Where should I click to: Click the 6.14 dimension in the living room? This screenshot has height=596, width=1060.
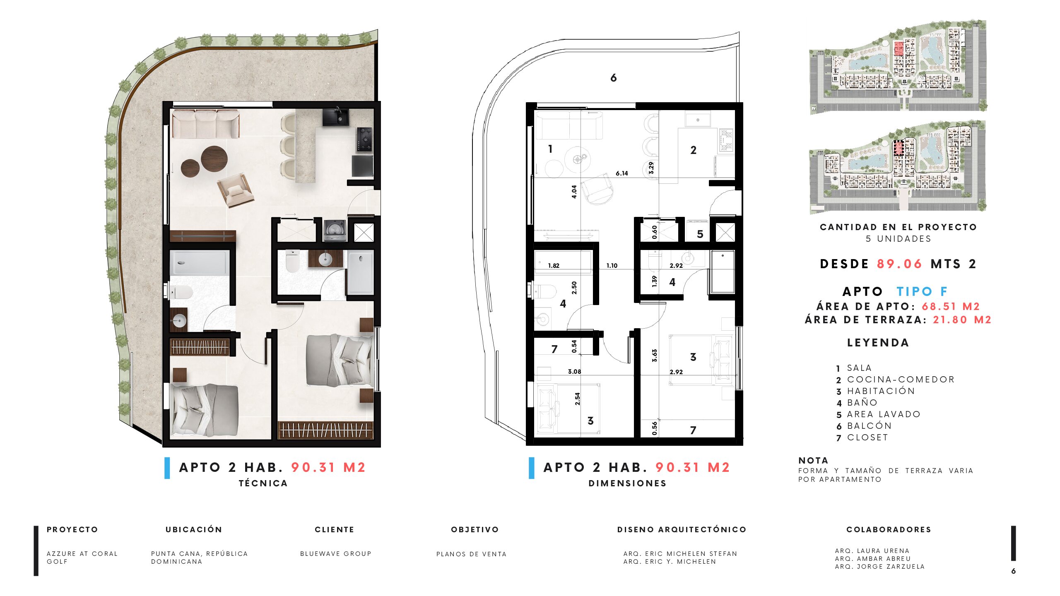(x=622, y=173)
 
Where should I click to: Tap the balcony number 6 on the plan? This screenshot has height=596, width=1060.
(x=614, y=78)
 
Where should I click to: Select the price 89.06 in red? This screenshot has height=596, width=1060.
(x=899, y=264)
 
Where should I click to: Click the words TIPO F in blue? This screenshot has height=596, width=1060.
(x=922, y=291)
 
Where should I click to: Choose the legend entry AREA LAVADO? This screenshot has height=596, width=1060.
(x=884, y=414)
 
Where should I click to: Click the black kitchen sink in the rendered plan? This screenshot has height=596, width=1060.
(x=335, y=117)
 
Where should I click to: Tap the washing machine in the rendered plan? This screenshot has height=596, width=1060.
(x=335, y=230)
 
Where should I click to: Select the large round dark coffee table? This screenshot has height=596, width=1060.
(x=214, y=159)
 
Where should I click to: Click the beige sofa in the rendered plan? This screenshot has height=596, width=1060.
(x=205, y=123)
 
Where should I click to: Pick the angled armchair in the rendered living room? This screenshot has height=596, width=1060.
(x=235, y=190)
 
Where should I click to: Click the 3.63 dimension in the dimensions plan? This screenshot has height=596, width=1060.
(x=655, y=356)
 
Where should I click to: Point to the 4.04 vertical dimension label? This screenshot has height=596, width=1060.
(x=574, y=192)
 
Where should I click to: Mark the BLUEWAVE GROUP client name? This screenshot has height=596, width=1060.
(x=336, y=554)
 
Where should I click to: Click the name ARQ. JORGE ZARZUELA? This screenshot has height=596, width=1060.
(x=880, y=567)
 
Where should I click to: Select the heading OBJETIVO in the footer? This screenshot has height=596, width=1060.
(x=475, y=530)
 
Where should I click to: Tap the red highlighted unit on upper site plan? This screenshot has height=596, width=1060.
(x=899, y=48)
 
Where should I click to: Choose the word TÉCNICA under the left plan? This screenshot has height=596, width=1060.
(x=263, y=483)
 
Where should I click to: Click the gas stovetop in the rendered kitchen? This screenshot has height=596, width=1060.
(x=365, y=139)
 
